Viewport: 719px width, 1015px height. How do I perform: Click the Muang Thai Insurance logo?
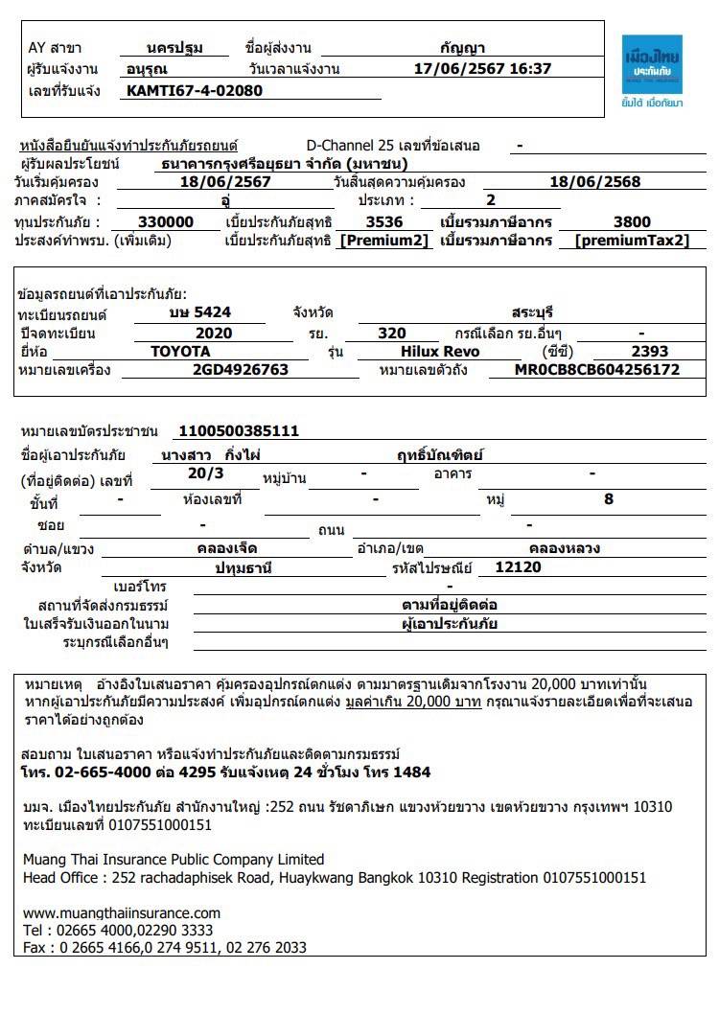(651, 71)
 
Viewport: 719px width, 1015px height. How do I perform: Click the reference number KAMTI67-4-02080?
(195, 91)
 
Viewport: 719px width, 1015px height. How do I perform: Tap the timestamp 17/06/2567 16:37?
(482, 69)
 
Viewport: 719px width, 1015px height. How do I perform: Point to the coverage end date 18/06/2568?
(595, 181)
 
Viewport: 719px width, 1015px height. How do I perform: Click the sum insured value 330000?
(166, 221)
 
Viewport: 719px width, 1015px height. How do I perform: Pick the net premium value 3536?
(384, 221)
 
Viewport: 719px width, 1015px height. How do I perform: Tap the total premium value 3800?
(632, 221)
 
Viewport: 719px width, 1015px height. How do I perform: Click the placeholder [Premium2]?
(385, 240)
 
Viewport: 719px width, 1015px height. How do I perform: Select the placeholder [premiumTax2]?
(632, 240)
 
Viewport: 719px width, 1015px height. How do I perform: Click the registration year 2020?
(213, 333)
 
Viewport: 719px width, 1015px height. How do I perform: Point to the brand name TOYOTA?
(180, 351)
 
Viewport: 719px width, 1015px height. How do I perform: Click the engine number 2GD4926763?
(240, 369)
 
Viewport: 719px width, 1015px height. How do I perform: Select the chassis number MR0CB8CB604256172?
(596, 369)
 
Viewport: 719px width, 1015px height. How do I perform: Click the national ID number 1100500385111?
(239, 431)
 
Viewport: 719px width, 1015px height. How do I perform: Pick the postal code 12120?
(518, 567)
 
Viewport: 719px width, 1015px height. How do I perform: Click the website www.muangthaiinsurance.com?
(122, 912)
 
